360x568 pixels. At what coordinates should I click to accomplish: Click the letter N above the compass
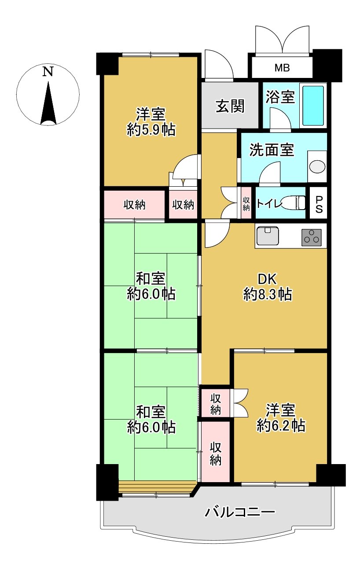[x=48, y=72]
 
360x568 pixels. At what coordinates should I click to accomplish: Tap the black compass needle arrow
[x=48, y=103]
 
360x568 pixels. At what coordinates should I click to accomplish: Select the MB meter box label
[x=282, y=68]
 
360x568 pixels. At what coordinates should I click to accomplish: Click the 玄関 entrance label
[x=230, y=106]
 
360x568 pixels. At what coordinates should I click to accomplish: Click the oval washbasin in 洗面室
[x=316, y=167]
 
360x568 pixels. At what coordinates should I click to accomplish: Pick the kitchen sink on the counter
[x=267, y=236]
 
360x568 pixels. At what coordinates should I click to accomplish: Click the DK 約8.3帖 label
[x=267, y=287]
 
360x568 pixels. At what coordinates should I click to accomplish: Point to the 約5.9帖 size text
[x=151, y=130]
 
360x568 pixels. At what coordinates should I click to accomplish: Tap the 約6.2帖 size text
[x=280, y=425]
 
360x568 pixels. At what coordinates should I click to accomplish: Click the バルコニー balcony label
[x=240, y=512]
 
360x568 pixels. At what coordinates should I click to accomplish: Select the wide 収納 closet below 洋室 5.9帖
[x=134, y=204]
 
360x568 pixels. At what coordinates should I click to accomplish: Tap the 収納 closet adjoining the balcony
[x=215, y=454]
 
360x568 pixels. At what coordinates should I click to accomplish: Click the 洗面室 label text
[x=271, y=150]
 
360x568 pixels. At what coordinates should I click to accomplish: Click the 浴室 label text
[x=280, y=97]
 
